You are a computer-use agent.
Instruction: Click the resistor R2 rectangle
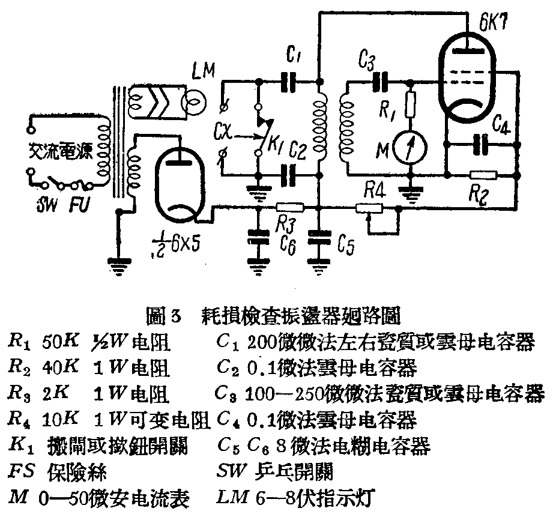pos(484,175)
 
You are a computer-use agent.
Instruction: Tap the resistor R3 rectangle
pos(290,207)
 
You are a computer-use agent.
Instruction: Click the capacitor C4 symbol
pos(480,144)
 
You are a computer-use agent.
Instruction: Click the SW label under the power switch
pos(45,206)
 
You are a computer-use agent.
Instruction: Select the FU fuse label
pos(79,206)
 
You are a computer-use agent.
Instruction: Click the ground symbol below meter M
pos(411,195)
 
